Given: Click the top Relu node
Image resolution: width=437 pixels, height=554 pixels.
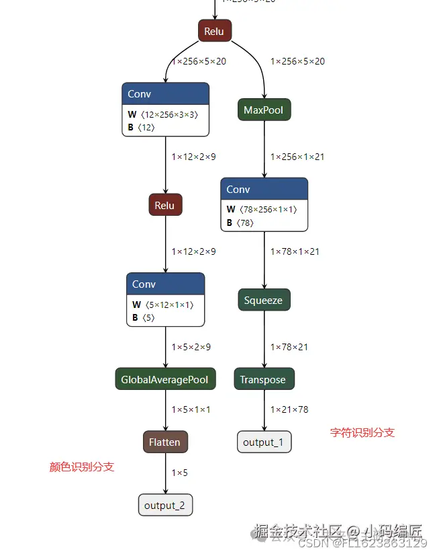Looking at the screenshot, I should pyautogui.click(x=215, y=31).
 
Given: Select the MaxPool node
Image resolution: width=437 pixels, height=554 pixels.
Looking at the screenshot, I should pyautogui.click(x=264, y=110).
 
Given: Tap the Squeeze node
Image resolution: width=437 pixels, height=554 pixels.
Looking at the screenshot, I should pyautogui.click(x=264, y=301).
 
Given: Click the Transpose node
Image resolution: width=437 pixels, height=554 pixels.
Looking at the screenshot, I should pyautogui.click(x=264, y=380).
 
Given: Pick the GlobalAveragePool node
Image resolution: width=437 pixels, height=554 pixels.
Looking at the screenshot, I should pyautogui.click(x=165, y=380).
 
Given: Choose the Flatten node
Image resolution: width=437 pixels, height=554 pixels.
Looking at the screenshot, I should pyautogui.click(x=165, y=442).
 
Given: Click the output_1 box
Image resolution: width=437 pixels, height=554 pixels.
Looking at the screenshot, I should pyautogui.click(x=264, y=442).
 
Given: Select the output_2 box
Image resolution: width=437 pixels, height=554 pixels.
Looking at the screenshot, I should pyautogui.click(x=165, y=505).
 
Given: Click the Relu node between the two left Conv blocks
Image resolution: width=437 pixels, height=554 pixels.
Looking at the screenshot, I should pyautogui.click(x=165, y=205).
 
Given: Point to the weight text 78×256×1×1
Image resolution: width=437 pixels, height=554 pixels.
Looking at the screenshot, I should pyautogui.click(x=267, y=209).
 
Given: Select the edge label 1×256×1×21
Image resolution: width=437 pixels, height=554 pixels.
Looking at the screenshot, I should pyautogui.click(x=297, y=157).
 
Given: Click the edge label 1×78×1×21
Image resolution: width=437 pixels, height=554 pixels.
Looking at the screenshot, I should pyautogui.click(x=295, y=251).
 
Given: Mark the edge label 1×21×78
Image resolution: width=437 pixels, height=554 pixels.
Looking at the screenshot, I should pyautogui.click(x=289, y=409).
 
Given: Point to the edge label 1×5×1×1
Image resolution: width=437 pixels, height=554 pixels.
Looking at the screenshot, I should pyautogui.click(x=191, y=409).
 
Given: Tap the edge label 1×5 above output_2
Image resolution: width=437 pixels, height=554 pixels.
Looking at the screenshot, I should pyautogui.click(x=180, y=473).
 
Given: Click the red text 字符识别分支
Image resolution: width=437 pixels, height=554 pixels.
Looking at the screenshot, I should pyautogui.click(x=362, y=432).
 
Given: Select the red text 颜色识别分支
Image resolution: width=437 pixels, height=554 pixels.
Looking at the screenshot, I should pyautogui.click(x=82, y=467).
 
